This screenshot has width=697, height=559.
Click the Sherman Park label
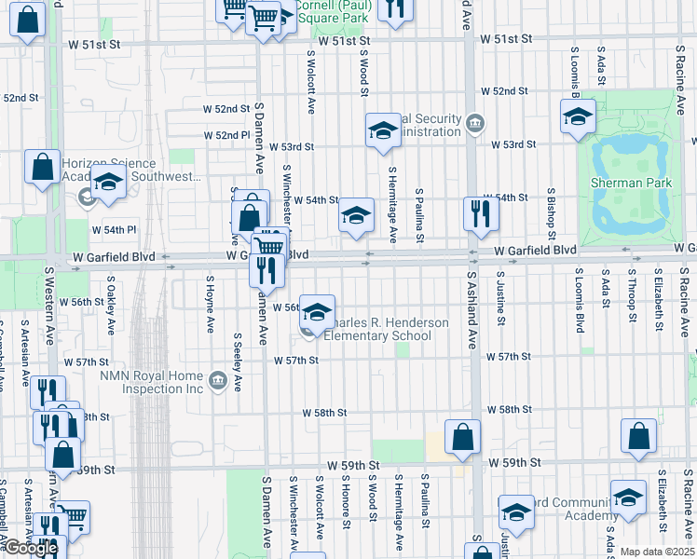click(x=631, y=184)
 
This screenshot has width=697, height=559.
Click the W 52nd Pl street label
click(x=232, y=135)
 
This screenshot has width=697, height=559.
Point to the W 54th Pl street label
click(x=113, y=229)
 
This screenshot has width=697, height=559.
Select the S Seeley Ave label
click(x=238, y=362)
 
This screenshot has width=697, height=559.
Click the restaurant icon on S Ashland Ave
click(x=481, y=213)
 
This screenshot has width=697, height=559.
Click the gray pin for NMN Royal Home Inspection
click(x=218, y=380)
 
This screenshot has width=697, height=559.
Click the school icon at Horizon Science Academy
click(x=108, y=183)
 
